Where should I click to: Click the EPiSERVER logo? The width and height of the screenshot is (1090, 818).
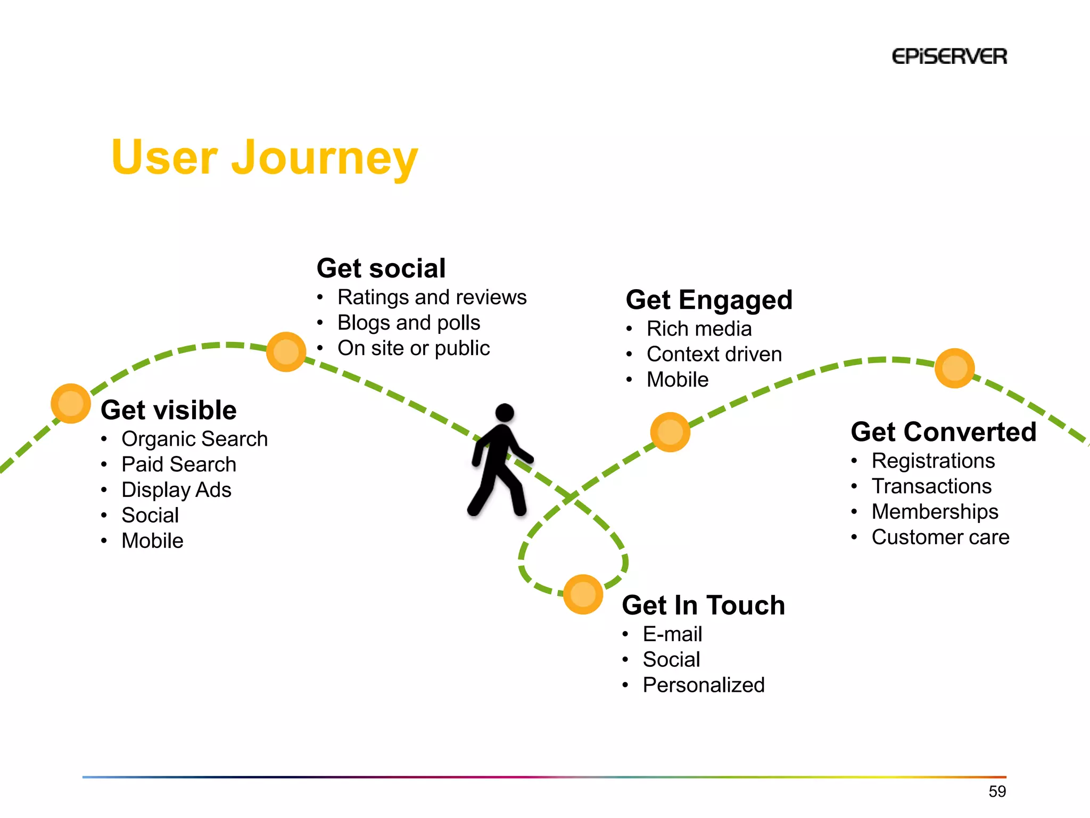click(x=949, y=56)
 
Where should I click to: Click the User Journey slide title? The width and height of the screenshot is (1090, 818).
click(x=265, y=157)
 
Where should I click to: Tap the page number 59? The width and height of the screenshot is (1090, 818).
click(x=997, y=791)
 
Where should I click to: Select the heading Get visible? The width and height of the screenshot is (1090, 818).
click(x=169, y=410)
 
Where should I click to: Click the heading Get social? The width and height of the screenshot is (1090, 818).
click(x=381, y=268)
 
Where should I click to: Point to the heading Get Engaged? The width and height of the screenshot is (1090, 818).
click(x=709, y=299)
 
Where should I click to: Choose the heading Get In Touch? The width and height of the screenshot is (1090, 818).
click(x=703, y=605)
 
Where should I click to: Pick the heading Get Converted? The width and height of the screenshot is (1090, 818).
click(x=943, y=431)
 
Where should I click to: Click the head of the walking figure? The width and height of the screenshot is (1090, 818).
click(x=505, y=413)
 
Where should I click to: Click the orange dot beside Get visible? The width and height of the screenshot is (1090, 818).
click(x=70, y=403)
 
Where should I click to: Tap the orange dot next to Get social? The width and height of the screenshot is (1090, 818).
click(x=286, y=351)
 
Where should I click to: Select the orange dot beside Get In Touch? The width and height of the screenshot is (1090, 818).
click(x=583, y=594)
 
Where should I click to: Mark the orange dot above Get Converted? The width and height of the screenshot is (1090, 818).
click(x=954, y=368)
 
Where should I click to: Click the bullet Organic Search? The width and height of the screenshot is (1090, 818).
click(x=194, y=439)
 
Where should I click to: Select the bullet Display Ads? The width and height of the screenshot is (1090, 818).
click(x=176, y=490)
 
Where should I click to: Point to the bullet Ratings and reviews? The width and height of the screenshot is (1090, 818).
click(x=432, y=297)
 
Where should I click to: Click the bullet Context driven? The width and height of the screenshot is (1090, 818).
click(x=714, y=354)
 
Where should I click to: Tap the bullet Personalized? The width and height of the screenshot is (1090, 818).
click(x=703, y=685)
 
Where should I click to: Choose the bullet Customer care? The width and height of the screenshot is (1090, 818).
click(x=940, y=537)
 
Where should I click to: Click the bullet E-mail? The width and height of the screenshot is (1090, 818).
click(x=672, y=634)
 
